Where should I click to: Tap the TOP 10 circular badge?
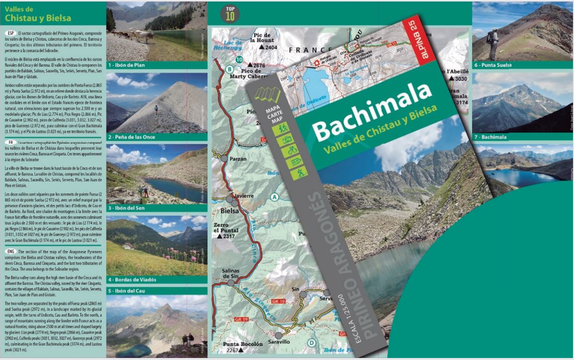coord(230,13)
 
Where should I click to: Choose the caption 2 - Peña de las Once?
coord(134,137)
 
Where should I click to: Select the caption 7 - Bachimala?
coord(491,137)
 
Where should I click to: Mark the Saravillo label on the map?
coord(279,342)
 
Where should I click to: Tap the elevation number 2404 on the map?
coord(271,48)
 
